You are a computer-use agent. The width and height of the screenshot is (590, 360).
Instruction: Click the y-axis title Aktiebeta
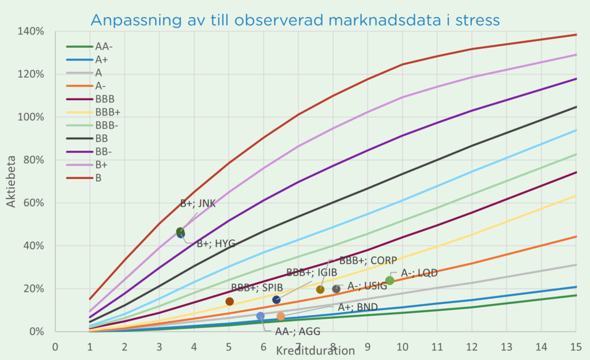[x=11, y=181]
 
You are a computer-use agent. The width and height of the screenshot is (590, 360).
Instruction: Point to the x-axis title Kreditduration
[x=315, y=350]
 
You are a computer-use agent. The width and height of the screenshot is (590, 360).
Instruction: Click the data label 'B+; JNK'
[x=198, y=204]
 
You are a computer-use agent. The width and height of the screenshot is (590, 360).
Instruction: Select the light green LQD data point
[x=390, y=281]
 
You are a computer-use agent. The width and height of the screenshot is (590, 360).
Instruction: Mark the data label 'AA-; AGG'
[x=297, y=331]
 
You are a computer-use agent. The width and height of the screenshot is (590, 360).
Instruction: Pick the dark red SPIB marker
[x=229, y=301]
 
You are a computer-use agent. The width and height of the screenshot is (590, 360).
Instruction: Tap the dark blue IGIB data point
[x=277, y=300]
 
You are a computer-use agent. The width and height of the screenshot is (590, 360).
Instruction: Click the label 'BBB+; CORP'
[x=368, y=260]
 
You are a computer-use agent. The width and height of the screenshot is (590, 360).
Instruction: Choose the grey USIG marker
[x=336, y=289]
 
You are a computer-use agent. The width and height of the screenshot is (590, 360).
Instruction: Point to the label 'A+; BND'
[x=358, y=308]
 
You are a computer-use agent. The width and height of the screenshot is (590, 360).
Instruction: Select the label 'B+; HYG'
[x=216, y=244]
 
